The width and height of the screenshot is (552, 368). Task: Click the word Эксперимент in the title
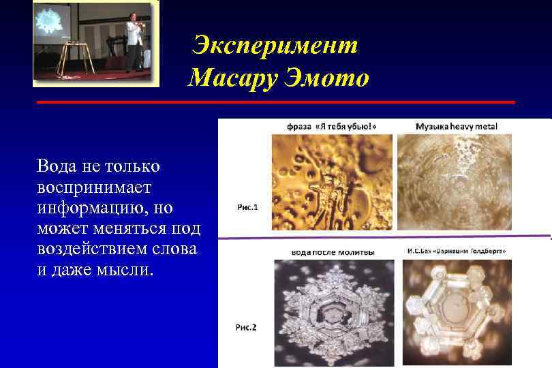point(275,45)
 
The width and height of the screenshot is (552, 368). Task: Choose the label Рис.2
point(246,328)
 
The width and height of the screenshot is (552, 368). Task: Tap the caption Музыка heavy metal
point(456,127)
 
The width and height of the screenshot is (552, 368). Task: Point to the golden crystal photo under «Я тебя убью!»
point(332,181)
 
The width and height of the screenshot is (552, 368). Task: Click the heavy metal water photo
point(454,181)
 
